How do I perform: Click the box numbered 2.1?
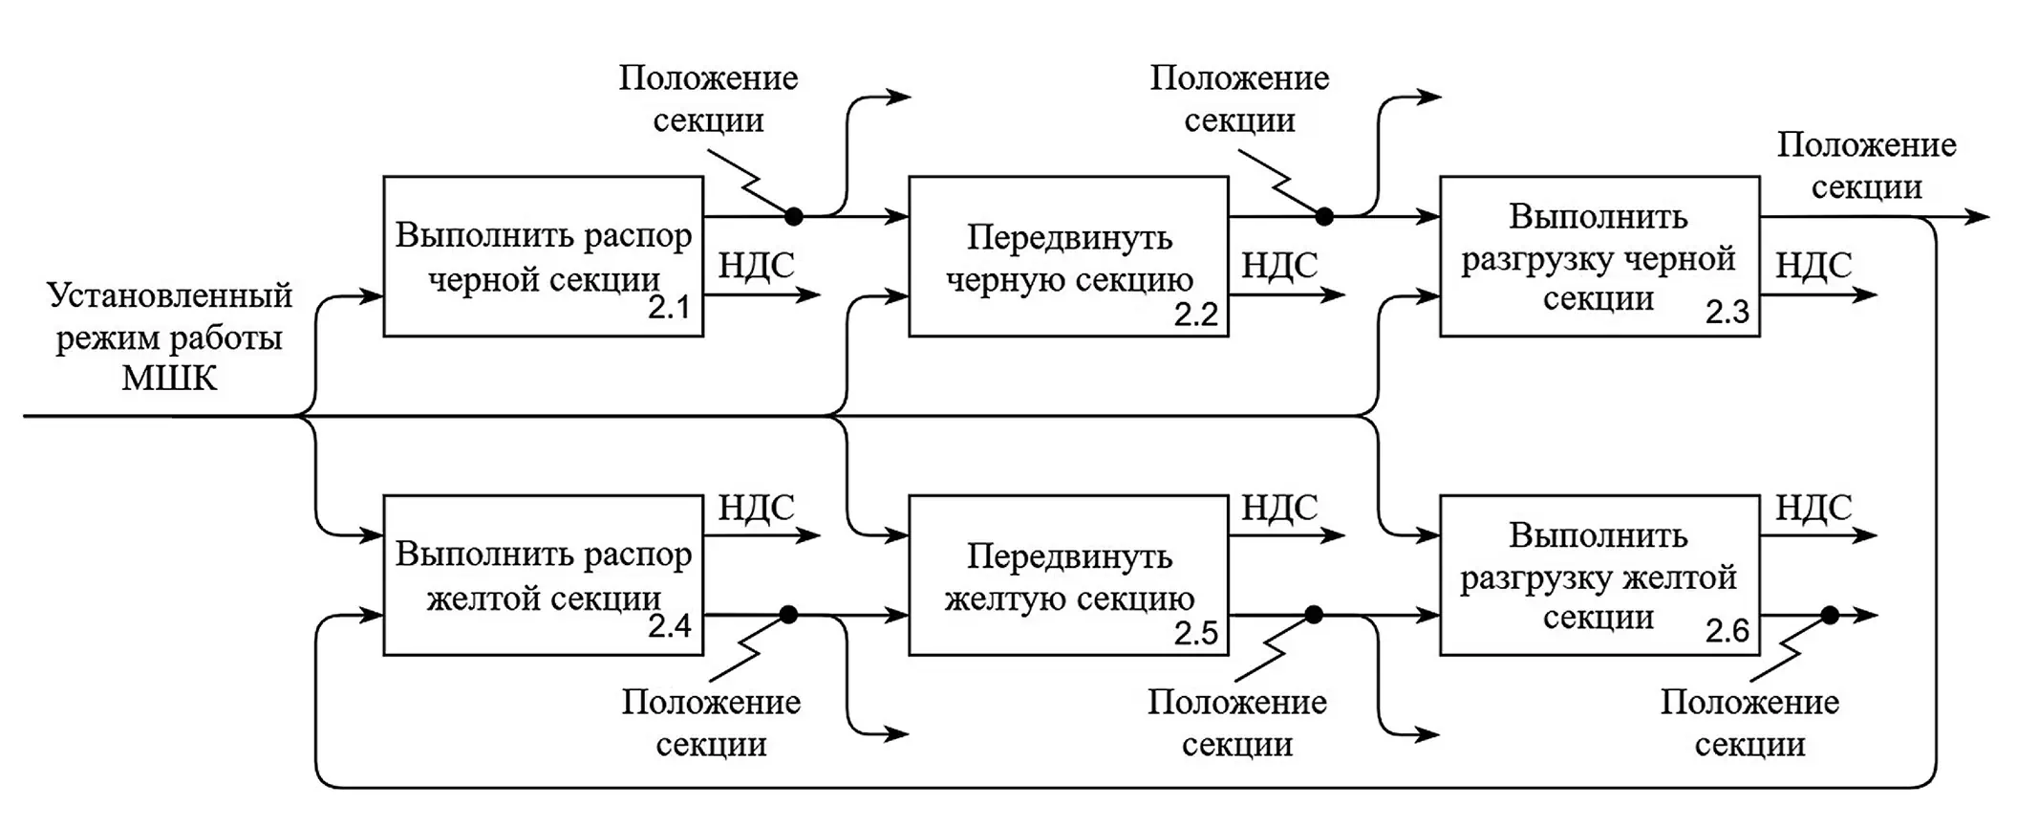[x=543, y=255]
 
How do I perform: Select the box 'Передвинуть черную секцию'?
[x=1068, y=255]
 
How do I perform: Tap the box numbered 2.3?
[x=1599, y=255]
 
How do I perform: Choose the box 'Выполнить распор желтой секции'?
[x=543, y=575]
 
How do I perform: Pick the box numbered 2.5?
[x=1068, y=575]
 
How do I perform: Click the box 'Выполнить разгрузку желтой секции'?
[x=1599, y=575]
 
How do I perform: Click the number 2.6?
[x=1727, y=631]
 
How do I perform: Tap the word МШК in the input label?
[x=169, y=380]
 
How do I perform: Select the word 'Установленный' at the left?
[x=169, y=295]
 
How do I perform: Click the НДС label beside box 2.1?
[x=756, y=265]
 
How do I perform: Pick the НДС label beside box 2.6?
[x=1813, y=507]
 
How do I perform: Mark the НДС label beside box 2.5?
[x=1278, y=507]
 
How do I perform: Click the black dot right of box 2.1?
[x=793, y=217]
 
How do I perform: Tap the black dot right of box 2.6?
[x=1829, y=616]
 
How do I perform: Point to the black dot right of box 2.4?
[x=788, y=615]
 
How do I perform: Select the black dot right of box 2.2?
[x=1323, y=217]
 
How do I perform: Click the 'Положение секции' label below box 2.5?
[x=1236, y=723]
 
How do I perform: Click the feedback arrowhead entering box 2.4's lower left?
[x=373, y=616]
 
